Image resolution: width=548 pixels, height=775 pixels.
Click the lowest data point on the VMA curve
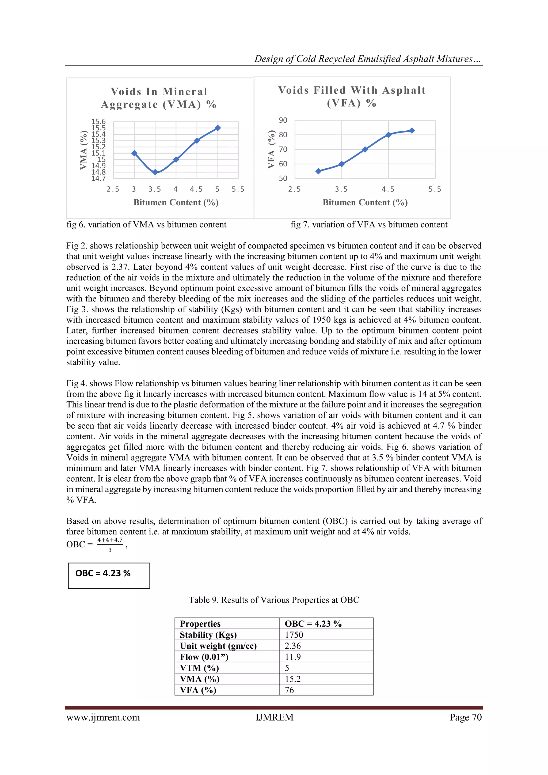click(155, 172)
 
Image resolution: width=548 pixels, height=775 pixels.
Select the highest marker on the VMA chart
click(218, 128)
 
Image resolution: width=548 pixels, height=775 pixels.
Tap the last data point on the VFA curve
click(412, 131)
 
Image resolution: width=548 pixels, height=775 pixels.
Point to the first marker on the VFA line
click(318, 171)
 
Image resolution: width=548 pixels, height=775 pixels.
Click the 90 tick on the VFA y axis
click(283, 120)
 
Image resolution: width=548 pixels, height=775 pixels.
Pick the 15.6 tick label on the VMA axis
click(98, 121)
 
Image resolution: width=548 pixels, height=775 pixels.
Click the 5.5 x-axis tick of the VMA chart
click(238, 189)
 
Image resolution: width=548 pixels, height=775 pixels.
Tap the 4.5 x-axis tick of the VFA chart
click(388, 189)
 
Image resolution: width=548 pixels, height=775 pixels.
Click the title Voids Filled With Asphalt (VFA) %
click(352, 97)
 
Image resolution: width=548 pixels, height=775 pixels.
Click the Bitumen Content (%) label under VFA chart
click(365, 203)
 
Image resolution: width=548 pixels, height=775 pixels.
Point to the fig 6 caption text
click(146, 224)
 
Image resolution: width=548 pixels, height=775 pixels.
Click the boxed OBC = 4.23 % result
click(103, 573)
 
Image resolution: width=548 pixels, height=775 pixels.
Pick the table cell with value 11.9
click(292, 657)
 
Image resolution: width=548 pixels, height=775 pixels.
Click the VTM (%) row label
click(199, 668)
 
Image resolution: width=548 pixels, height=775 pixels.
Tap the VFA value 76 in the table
click(289, 690)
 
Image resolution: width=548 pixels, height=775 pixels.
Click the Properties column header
click(200, 623)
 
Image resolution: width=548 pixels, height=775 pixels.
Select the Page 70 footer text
click(465, 717)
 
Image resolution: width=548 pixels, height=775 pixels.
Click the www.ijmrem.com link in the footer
click(103, 717)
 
